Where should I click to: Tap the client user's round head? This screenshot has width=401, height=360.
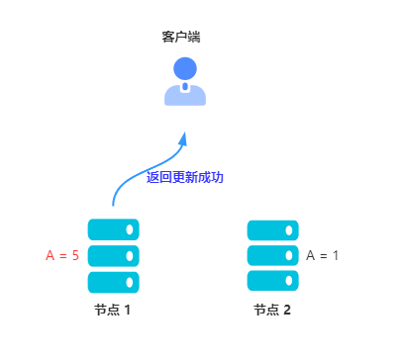coord(185,68)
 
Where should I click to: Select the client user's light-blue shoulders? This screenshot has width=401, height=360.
coord(185,95)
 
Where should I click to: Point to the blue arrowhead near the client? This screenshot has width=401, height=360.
coord(183,139)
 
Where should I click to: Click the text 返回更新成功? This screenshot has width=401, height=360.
coord(185,178)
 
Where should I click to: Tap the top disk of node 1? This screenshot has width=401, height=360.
coord(113,229)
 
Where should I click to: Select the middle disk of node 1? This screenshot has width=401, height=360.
coord(113,256)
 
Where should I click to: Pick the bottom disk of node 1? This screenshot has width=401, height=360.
coord(113,282)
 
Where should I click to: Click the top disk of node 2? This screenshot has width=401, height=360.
coord(272,229)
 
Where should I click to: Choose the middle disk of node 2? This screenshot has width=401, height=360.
coord(272,255)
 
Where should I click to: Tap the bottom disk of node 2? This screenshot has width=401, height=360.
coord(272,281)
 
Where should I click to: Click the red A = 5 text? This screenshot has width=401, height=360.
coord(62,256)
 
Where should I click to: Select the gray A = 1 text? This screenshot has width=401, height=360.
coord(323,255)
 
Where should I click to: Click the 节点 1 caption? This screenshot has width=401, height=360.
coord(113,310)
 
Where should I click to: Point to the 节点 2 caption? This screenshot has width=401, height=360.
coord(272,310)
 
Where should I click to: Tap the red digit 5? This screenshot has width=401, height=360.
coord(74,256)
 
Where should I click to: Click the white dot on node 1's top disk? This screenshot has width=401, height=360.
coord(130,229)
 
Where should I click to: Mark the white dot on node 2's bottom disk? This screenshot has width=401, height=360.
coord(290,281)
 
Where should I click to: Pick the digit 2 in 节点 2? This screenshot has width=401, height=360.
coord(287,310)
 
